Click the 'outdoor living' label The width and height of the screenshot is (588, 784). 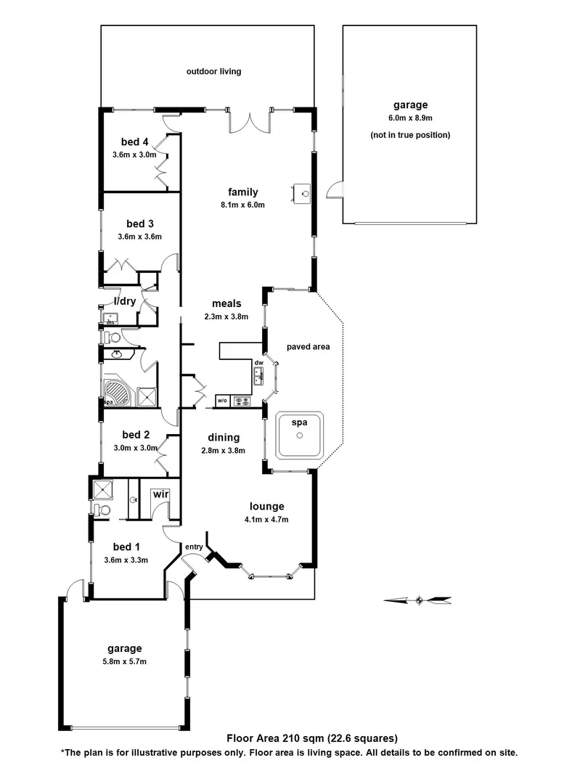click(213, 72)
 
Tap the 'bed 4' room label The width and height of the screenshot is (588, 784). click(136, 142)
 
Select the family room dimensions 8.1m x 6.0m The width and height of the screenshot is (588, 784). click(242, 205)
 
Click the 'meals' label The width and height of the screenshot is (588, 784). click(226, 304)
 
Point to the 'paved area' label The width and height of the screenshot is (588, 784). click(308, 347)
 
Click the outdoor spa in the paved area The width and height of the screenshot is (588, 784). click(298, 435)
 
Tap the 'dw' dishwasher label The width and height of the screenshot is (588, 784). click(258, 363)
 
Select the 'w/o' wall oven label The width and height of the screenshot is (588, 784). click(222, 401)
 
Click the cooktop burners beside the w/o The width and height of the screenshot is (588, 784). click(241, 401)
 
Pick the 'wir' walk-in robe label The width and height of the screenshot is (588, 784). click(160, 494)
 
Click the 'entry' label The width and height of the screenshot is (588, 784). click(194, 546)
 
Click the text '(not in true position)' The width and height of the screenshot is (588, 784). click(409, 135)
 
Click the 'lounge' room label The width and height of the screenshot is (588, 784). click(266, 507)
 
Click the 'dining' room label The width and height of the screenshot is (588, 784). click(224, 438)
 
